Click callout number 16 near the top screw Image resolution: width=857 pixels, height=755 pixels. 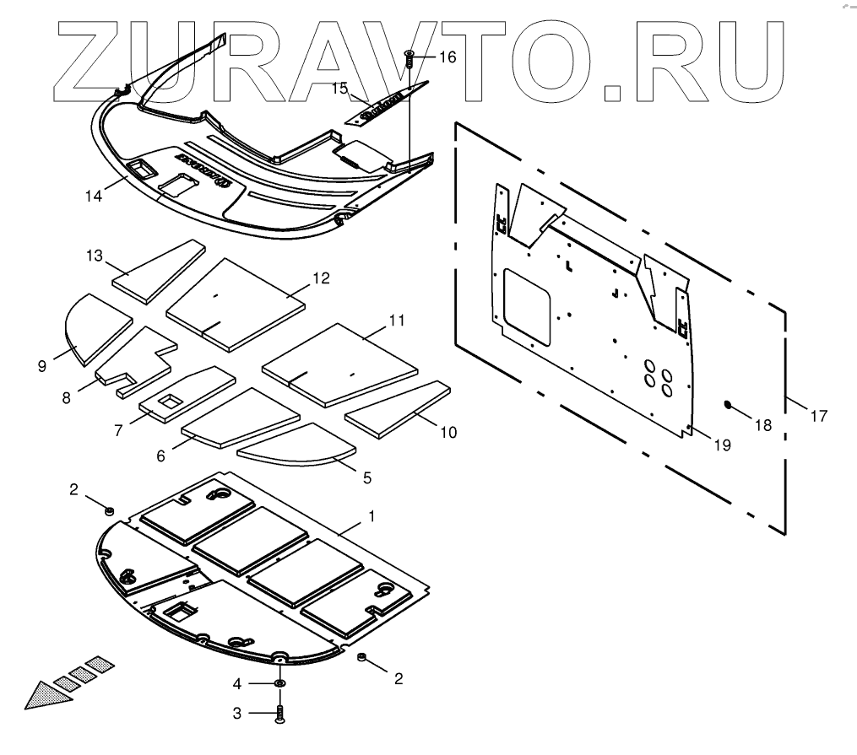pyautogui.click(x=447, y=57)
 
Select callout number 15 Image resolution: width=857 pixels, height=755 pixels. pyautogui.click(x=339, y=88)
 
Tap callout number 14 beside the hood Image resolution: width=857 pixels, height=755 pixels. pyautogui.click(x=94, y=196)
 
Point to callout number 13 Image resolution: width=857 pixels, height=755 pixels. pyautogui.click(x=94, y=255)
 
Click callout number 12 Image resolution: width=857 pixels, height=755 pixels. pyautogui.click(x=320, y=278)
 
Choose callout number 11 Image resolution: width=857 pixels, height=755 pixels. pyautogui.click(x=397, y=321)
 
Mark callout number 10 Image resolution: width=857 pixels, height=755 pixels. pyautogui.click(x=448, y=432)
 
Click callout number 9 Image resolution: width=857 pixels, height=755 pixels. pyautogui.click(x=41, y=365)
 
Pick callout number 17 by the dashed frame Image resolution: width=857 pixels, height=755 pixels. pyautogui.click(x=818, y=415)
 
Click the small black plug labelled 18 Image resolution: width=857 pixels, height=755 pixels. pyautogui.click(x=726, y=405)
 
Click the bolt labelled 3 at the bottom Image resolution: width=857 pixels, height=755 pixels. pyautogui.click(x=279, y=715)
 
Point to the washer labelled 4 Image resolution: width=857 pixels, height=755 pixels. pyautogui.click(x=279, y=682)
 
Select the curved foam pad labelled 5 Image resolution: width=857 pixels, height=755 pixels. pyautogui.click(x=296, y=449)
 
